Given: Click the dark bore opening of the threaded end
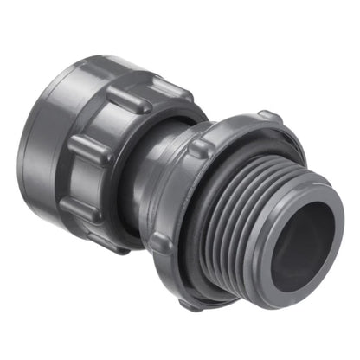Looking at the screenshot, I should tap(294, 260).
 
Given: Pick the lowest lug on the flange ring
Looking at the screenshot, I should tap(192, 303).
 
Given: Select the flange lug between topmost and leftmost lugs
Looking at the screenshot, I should tap(201, 147).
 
